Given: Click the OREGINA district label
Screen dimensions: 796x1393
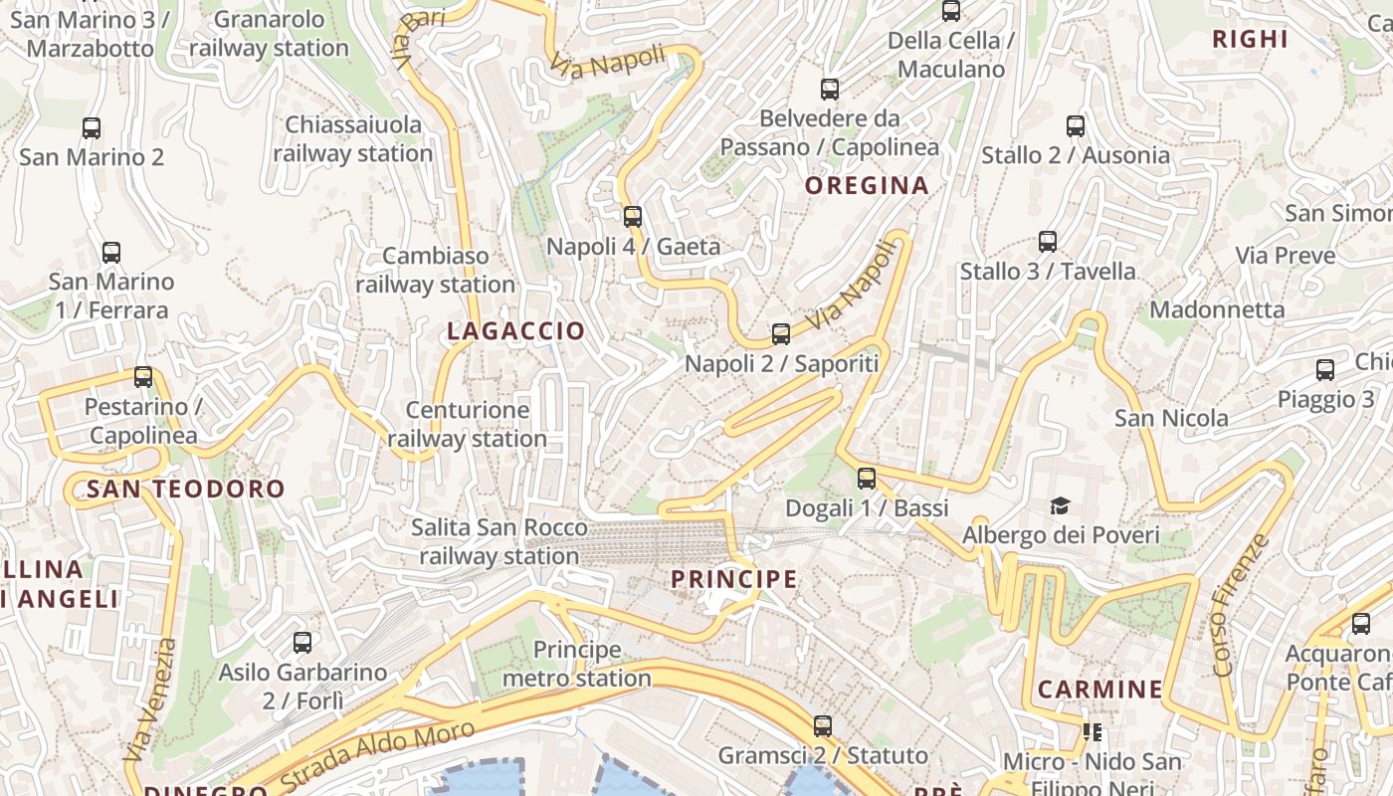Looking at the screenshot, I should coord(867,185).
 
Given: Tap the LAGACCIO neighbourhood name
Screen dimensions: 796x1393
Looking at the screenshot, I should coord(516,331).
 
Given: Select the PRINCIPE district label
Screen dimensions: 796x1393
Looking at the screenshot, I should coord(734,579).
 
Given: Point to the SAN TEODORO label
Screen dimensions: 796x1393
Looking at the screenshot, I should coord(186,489).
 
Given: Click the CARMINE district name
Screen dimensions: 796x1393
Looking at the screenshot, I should coord(1100,689).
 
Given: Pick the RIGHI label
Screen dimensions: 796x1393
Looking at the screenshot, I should coord(1251,39).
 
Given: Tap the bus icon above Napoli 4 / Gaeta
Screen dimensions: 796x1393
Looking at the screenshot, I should coord(633,216).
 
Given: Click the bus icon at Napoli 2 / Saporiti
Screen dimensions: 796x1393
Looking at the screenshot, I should coord(781,333).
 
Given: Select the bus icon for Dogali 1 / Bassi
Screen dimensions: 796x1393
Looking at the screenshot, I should coord(867,478).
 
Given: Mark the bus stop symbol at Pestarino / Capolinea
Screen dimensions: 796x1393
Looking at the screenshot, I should coord(143,377).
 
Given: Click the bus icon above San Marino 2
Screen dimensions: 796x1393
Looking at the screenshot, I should coord(92,127).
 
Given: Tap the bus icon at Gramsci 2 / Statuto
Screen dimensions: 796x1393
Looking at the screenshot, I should coord(823,725).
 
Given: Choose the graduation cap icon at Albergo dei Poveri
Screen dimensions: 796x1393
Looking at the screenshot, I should coord(1060,505).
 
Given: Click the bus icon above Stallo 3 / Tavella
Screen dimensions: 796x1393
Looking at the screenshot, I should coord(1048,241).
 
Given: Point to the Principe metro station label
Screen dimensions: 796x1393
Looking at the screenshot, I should coord(577,664).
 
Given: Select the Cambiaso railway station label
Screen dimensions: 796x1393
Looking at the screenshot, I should coord(436,270).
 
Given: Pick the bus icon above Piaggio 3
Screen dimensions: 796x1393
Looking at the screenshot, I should coord(1325,370).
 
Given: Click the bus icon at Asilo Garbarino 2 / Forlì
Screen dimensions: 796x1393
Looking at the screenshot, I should coord(302,643).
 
